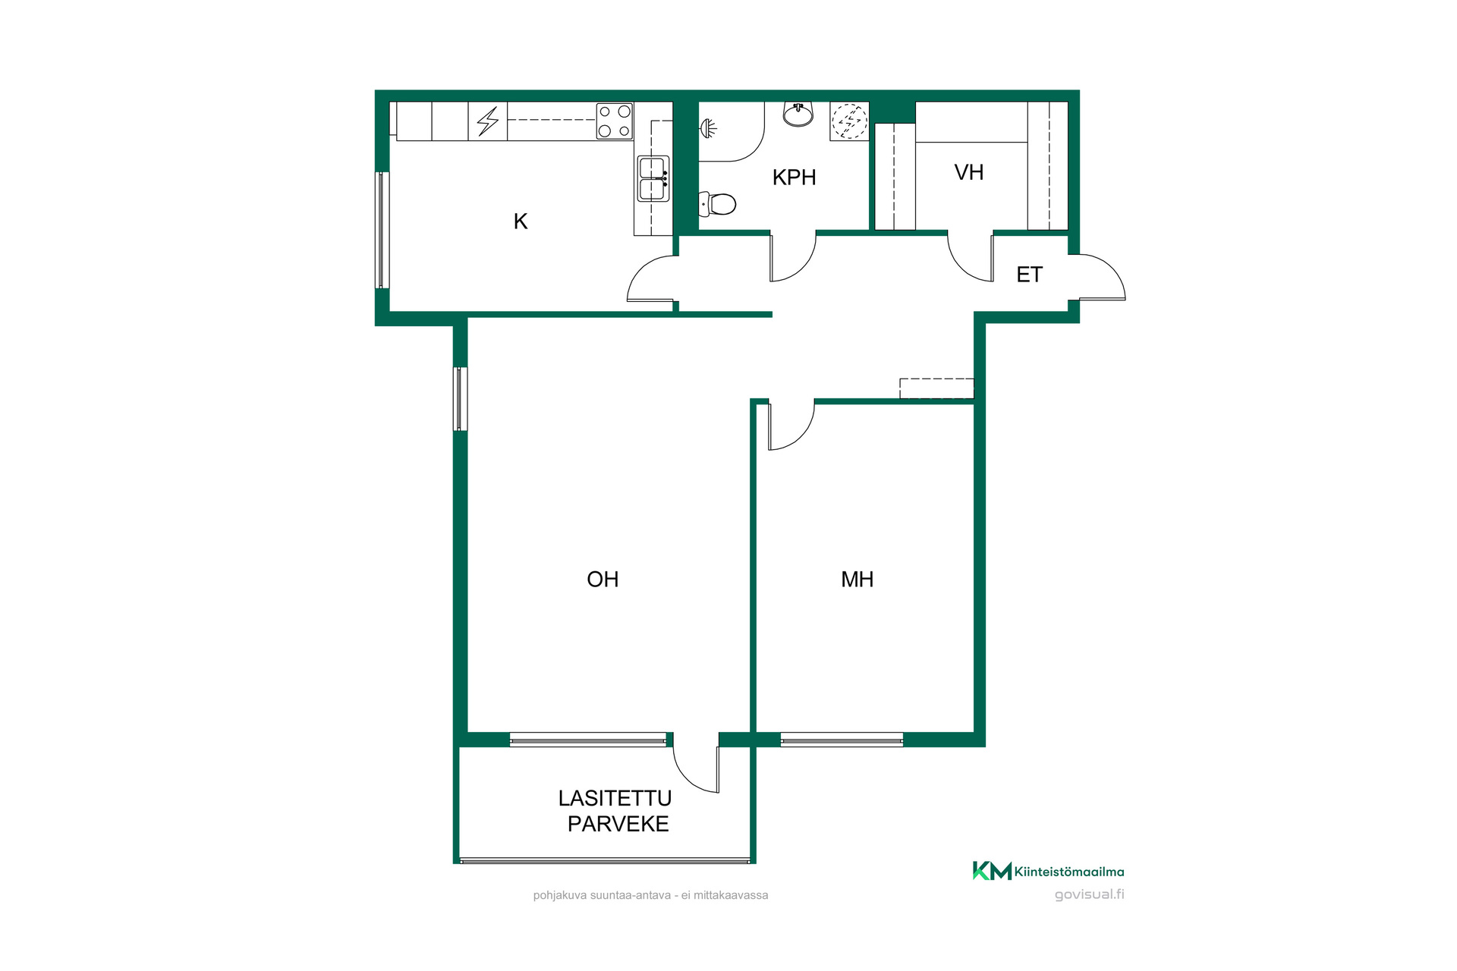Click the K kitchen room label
(x=521, y=222)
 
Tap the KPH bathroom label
(x=794, y=178)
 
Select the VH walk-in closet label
(x=969, y=173)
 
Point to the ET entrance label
(x=1030, y=275)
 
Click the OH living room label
(x=603, y=580)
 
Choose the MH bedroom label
(x=858, y=580)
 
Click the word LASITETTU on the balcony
(x=615, y=798)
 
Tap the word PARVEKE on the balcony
(x=618, y=824)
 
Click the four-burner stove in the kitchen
(x=615, y=121)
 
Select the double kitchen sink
(x=653, y=178)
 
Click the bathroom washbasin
(x=798, y=115)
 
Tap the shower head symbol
(x=708, y=128)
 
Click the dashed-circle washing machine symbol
(x=849, y=121)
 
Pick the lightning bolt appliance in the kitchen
(x=488, y=121)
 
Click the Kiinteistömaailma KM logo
(x=1048, y=871)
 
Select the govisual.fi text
(x=1090, y=894)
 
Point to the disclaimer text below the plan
(x=650, y=895)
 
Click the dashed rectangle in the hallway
(x=936, y=388)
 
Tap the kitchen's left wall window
(x=382, y=230)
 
